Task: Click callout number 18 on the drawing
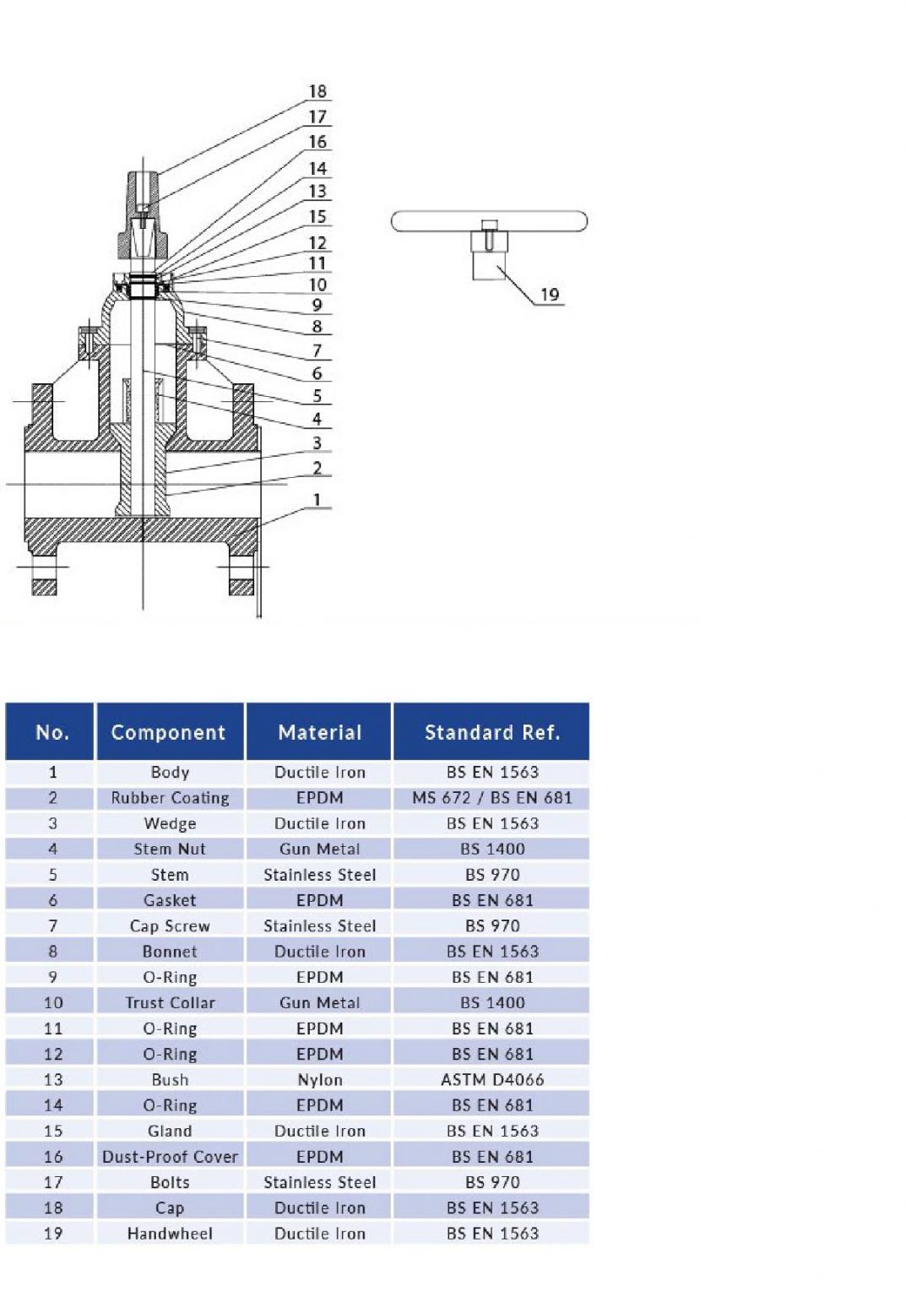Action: pyautogui.click(x=317, y=91)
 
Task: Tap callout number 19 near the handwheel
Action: pyautogui.click(x=550, y=295)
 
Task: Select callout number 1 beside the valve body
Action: pyautogui.click(x=317, y=500)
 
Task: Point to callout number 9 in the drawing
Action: pyautogui.click(x=317, y=305)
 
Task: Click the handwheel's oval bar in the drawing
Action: pyautogui.click(x=489, y=221)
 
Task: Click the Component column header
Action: pyautogui.click(x=169, y=732)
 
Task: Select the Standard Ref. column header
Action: pyautogui.click(x=491, y=732)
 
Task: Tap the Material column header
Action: pyautogui.click(x=319, y=732)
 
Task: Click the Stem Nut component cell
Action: pyautogui.click(x=169, y=849)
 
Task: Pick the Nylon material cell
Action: pyautogui.click(x=319, y=1079)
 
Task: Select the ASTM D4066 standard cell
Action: pyautogui.click(x=491, y=1079)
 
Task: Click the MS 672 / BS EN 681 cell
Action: pyautogui.click(x=491, y=797)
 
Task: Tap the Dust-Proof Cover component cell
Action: pyautogui.click(x=169, y=1156)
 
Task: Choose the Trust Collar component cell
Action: pyautogui.click(x=169, y=1002)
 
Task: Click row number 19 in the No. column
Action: pyautogui.click(x=52, y=1233)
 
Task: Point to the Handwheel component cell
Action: pyautogui.click(x=169, y=1233)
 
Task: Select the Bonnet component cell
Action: pyautogui.click(x=169, y=951)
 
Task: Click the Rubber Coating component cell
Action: pyautogui.click(x=169, y=797)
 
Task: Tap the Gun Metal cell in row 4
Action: pyautogui.click(x=319, y=849)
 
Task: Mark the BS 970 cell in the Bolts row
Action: pyautogui.click(x=491, y=1181)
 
